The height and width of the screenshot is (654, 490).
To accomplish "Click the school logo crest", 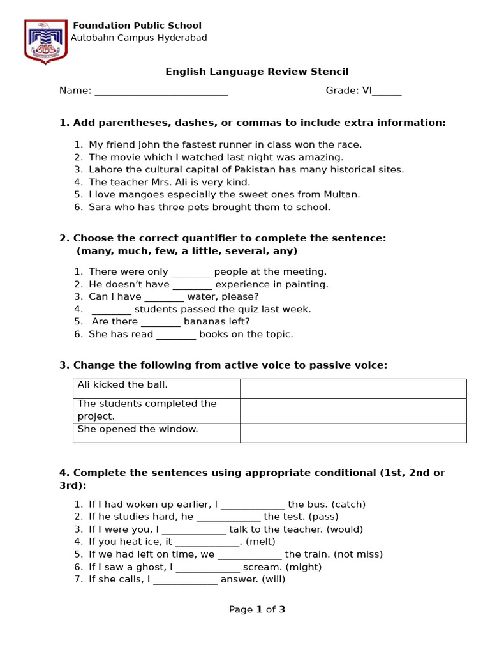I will pyautogui.click(x=45, y=42).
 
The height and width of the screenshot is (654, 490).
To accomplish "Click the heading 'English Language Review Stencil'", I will pyautogui.click(x=257, y=72).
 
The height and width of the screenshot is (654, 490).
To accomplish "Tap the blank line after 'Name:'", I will pyautogui.click(x=161, y=91).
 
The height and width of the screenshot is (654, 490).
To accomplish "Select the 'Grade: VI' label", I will pyautogui.click(x=348, y=91).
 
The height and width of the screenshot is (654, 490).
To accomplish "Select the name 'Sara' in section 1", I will pyautogui.click(x=99, y=207).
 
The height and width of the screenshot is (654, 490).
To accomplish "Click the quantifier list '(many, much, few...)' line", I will pyautogui.click(x=187, y=251).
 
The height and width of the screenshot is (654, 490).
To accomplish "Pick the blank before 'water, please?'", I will pyautogui.click(x=164, y=297).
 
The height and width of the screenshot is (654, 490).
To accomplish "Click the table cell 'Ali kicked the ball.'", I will pyautogui.click(x=156, y=388).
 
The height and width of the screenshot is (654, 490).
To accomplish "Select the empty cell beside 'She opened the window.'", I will pyautogui.click(x=353, y=432).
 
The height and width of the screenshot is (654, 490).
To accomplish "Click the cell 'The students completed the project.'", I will pyautogui.click(x=156, y=410).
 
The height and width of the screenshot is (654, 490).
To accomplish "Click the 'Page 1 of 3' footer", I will pyautogui.click(x=257, y=609).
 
